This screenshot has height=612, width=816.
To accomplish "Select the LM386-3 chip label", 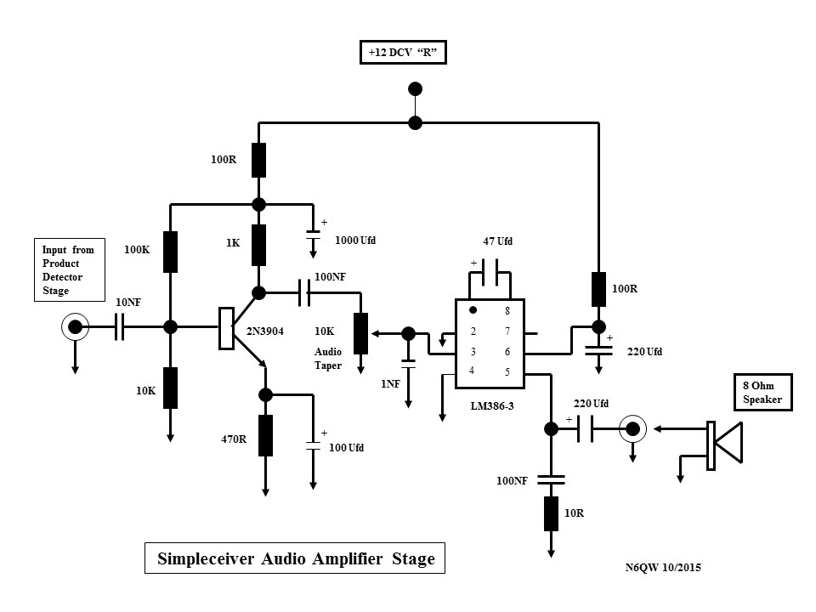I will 492,405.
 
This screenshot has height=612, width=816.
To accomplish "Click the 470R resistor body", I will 265,435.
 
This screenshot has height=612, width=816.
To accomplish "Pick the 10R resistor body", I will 551,513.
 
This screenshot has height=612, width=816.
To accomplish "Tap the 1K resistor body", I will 259,245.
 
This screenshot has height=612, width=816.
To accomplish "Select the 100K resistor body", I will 170,252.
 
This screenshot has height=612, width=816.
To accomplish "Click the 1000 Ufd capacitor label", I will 355,241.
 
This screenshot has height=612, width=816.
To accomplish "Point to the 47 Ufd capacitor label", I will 498,241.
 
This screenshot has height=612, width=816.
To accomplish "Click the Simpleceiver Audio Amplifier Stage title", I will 296,558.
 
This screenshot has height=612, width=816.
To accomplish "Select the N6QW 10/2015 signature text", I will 664,567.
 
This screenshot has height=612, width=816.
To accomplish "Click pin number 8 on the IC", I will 507,311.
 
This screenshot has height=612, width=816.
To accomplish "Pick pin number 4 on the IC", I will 473,370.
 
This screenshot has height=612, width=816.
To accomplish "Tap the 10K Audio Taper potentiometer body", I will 360,333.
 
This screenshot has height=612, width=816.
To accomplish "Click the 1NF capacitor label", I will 390,384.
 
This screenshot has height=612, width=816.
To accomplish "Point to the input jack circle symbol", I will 76,326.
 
